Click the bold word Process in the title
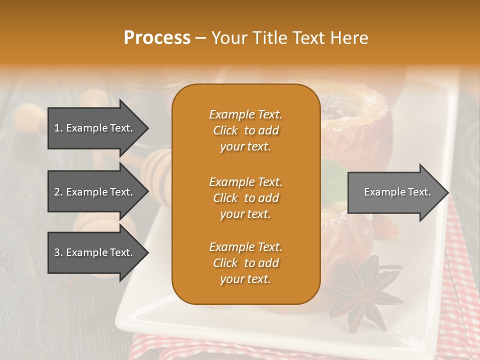point(157,38)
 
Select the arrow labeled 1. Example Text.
point(95,128)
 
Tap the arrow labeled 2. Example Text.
point(95,192)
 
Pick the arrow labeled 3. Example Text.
point(95,252)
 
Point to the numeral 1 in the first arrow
point(57,128)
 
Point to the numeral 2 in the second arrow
point(57,192)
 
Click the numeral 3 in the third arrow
point(57,252)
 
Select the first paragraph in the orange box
point(245,130)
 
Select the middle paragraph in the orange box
point(245,197)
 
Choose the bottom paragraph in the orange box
point(245,263)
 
